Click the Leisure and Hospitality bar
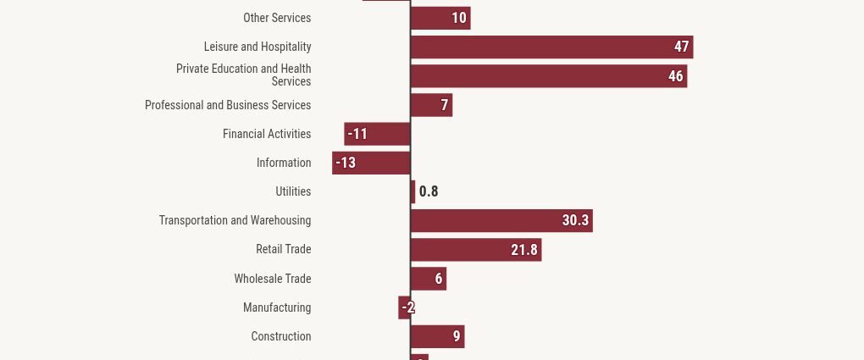(x=551, y=47)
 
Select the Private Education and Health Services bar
(x=549, y=76)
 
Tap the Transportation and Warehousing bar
(x=501, y=220)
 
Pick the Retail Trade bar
(x=476, y=250)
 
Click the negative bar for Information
(x=371, y=163)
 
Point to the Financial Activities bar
(x=377, y=134)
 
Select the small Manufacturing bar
(x=404, y=307)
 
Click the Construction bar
(x=438, y=336)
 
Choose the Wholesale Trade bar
(x=428, y=279)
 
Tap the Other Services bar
(x=440, y=18)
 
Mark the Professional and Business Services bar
(x=431, y=105)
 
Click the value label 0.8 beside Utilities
(x=429, y=191)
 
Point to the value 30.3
(x=575, y=220)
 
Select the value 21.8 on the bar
(x=524, y=250)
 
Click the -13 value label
(x=346, y=163)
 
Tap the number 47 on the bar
(x=682, y=47)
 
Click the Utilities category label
(x=293, y=191)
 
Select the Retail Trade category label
(x=284, y=249)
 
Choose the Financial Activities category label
(x=267, y=134)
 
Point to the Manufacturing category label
(x=277, y=307)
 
